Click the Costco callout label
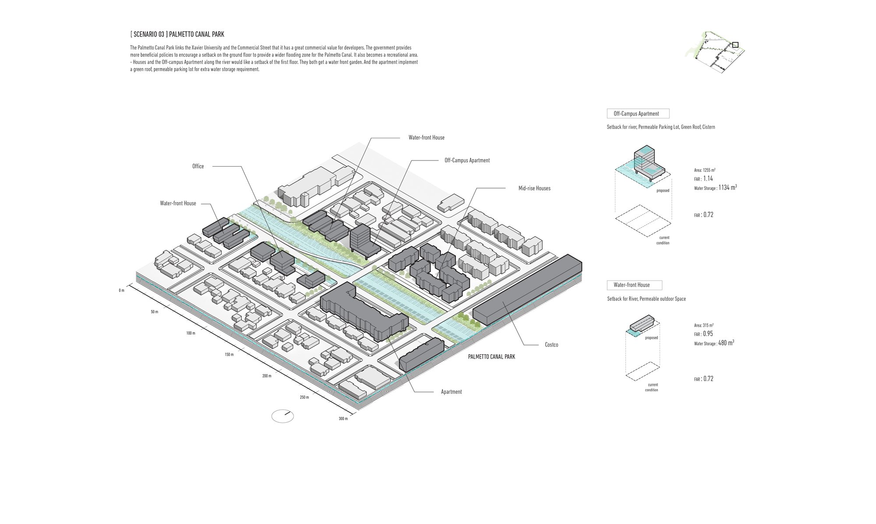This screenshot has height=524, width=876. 551,345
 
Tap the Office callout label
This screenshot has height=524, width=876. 198,166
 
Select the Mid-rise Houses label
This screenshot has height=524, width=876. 534,188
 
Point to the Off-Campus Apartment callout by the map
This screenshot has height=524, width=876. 467,160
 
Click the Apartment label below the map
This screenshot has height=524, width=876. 451,392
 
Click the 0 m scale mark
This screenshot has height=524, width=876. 121,291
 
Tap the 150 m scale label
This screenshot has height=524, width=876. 229,354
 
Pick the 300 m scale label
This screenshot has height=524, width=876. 343,419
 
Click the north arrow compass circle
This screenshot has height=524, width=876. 283,416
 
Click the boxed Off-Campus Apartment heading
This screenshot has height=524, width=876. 638,114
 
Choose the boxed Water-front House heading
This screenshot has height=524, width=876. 634,285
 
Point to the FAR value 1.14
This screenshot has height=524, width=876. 708,179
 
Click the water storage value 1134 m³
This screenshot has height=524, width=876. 728,187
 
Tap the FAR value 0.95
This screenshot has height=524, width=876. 708,334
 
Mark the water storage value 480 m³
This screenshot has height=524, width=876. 726,343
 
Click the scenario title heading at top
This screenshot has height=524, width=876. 177,34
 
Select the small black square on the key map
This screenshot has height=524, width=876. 735,45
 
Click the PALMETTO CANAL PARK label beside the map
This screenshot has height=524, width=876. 491,357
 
